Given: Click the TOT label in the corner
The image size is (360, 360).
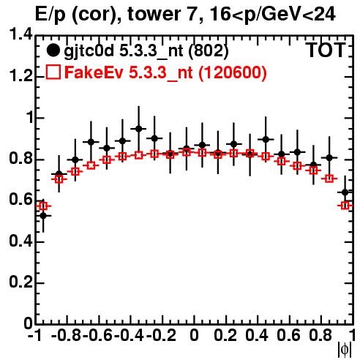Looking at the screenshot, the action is coord(326,50).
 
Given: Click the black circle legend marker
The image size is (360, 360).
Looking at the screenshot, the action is coord(53,50).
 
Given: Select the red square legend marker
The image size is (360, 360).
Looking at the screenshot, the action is coord(53,72).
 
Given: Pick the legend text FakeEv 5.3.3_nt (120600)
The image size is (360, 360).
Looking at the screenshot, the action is coord(166,73).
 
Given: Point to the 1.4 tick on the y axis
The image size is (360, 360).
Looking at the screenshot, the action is coord(20,35).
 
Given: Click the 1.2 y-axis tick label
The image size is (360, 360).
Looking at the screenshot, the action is coord(20,76).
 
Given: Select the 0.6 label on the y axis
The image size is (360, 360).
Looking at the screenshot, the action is coord(20,200).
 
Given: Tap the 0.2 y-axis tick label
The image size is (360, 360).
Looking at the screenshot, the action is coord(20,282).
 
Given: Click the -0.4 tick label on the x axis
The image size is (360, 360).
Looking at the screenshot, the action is coord(130,336).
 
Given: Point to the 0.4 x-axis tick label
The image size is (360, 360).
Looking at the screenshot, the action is coord(257,336).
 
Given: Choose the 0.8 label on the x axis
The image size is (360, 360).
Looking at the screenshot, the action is coord(320,336).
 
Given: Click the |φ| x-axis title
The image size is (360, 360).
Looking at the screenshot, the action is coord(345,350).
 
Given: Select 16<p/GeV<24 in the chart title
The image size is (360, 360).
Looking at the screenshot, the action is coord(271,15).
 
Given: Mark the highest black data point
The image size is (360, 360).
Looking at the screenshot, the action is coord(139,129).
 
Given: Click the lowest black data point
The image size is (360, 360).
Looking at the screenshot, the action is coord(43,216).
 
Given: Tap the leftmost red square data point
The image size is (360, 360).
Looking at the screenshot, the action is coord(43,206).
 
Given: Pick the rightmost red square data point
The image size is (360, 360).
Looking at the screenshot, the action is coord(345,206).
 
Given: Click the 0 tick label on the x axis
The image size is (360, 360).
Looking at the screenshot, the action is coord(194,336).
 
